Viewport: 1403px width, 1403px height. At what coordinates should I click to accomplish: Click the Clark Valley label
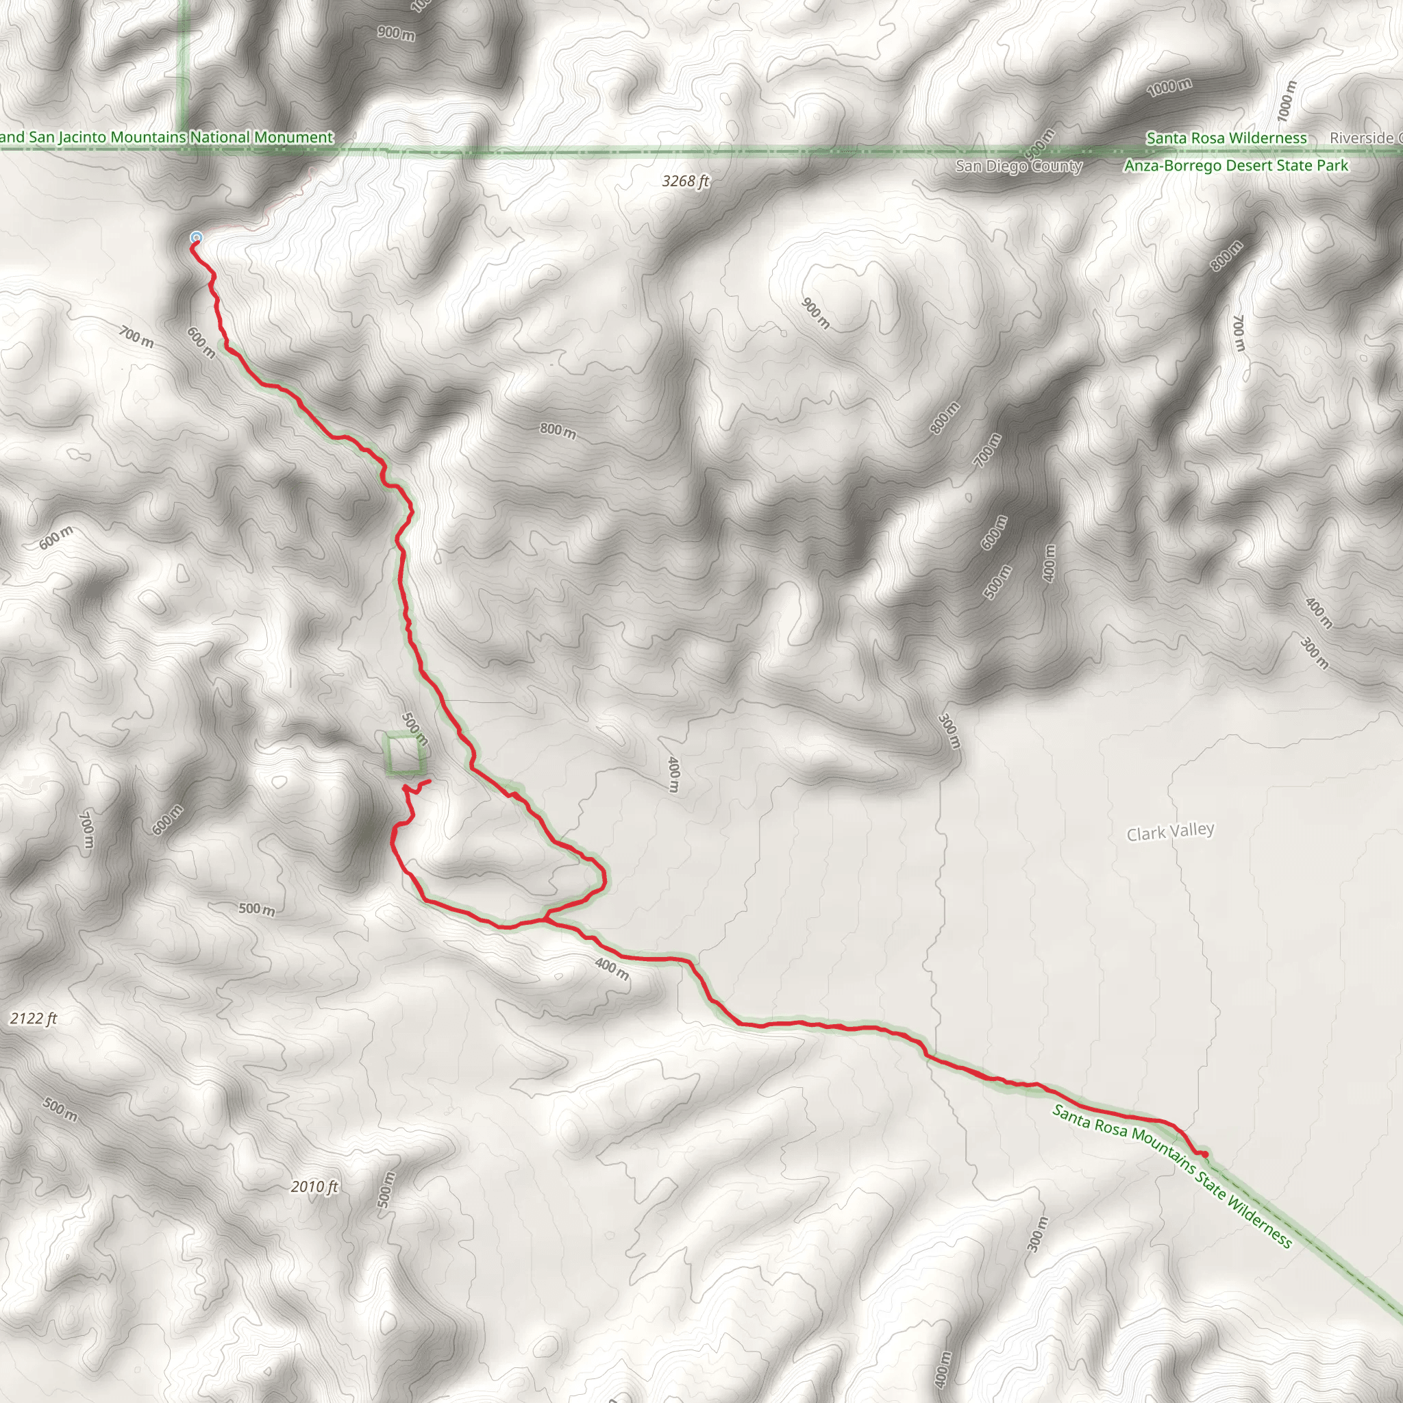tap(1170, 832)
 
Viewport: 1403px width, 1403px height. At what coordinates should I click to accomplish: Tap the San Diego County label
tap(1018, 166)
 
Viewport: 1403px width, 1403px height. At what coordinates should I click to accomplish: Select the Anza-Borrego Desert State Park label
tap(1235, 166)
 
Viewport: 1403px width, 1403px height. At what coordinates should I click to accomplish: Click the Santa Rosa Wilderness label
tap(1226, 138)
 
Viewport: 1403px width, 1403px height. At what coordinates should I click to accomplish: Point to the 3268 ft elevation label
tap(685, 181)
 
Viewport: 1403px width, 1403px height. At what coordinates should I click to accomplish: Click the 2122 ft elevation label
tap(34, 1019)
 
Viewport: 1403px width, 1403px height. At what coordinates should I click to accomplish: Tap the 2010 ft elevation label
tap(314, 1187)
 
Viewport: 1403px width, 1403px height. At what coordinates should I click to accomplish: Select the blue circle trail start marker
tap(195, 238)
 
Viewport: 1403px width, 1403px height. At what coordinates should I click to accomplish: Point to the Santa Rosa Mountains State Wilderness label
tap(1172, 1176)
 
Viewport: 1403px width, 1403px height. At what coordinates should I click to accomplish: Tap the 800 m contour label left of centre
tap(558, 431)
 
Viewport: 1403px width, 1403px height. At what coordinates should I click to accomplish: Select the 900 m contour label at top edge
tap(396, 33)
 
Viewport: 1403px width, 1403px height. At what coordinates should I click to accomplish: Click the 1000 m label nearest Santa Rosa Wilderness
tap(1169, 88)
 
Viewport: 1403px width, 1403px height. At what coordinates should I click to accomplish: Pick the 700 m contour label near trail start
tap(136, 337)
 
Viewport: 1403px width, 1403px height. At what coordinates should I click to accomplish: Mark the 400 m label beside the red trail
tap(612, 968)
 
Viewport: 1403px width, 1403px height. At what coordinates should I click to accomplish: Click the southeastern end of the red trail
tap(1206, 1154)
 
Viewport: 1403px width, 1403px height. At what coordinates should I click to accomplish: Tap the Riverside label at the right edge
tap(1365, 138)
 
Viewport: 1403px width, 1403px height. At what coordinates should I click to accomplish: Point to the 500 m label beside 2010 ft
tap(386, 1189)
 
